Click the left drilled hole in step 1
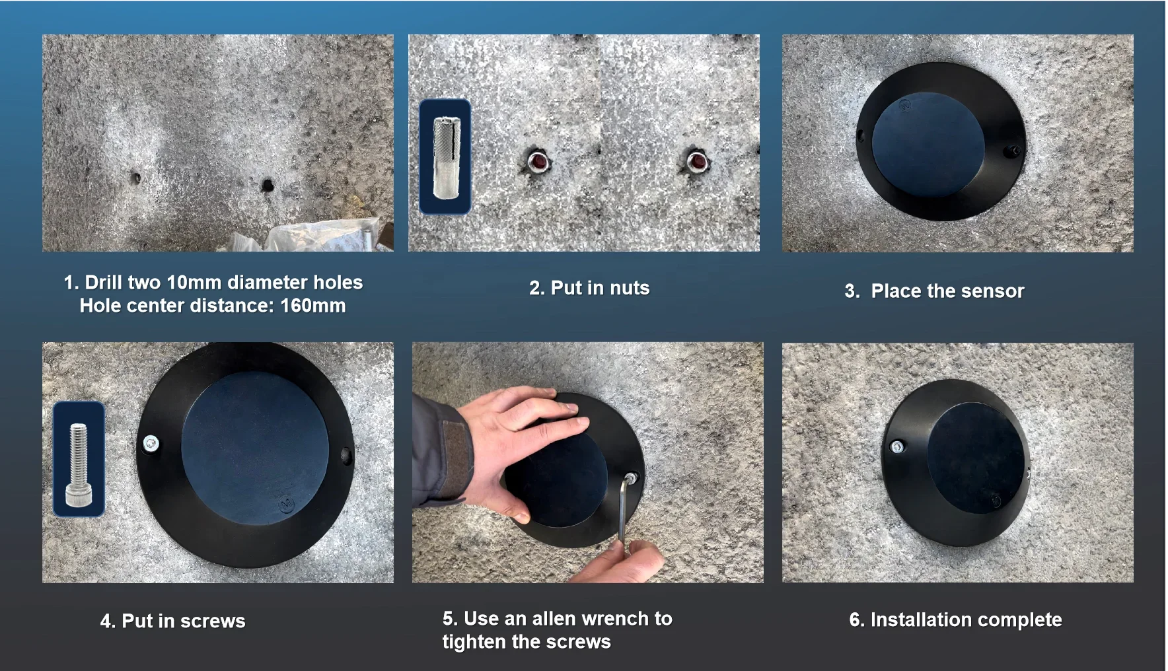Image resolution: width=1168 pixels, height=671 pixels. (x=135, y=178)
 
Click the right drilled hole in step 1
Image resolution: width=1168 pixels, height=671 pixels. (x=268, y=185)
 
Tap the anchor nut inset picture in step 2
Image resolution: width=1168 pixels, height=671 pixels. (x=445, y=157)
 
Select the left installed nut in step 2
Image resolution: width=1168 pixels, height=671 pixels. (x=538, y=161)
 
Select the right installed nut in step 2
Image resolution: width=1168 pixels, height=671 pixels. (x=696, y=161)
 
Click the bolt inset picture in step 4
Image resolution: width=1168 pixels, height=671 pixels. (x=79, y=459)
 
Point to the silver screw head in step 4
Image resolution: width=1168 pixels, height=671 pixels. (x=151, y=442)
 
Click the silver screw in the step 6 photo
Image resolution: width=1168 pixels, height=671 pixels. (x=896, y=447)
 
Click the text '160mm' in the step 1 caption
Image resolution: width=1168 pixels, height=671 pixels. (x=312, y=306)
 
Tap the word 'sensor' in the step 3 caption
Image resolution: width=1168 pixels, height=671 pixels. (x=988, y=291)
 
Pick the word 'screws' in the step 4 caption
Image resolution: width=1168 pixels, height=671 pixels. (x=213, y=621)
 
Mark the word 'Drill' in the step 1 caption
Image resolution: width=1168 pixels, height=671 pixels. (x=103, y=283)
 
